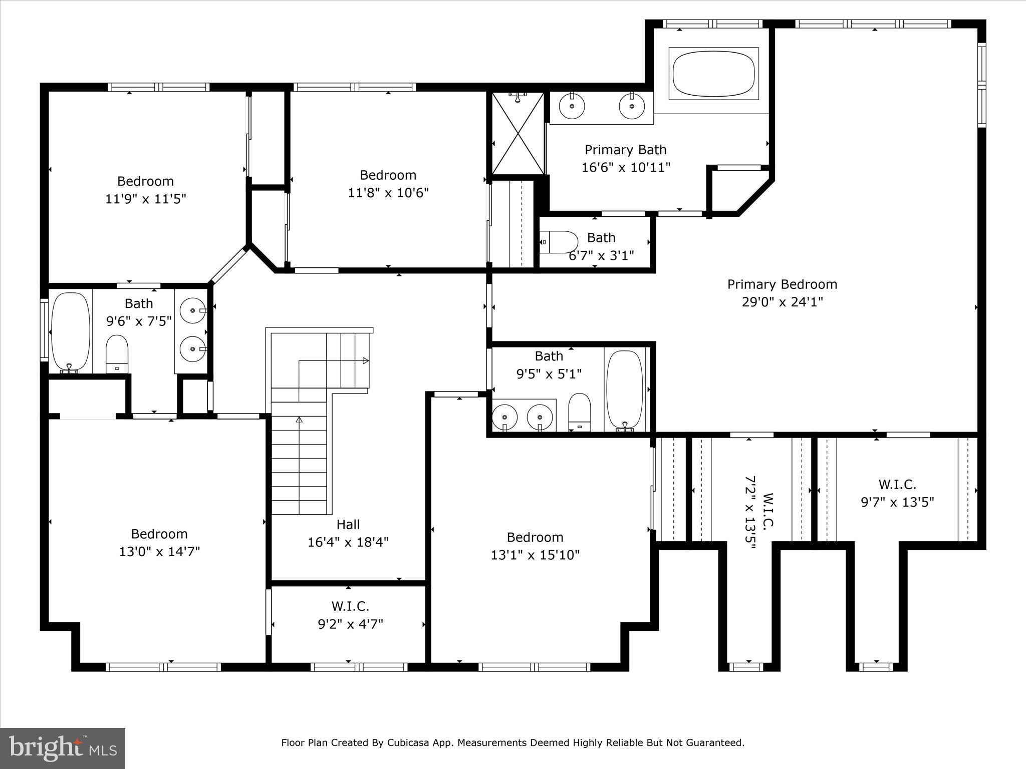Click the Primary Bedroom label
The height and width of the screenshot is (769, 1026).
pyautogui.click(x=782, y=284)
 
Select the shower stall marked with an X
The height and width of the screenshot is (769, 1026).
pyautogui.click(x=518, y=133)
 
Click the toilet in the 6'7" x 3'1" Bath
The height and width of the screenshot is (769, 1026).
pyautogui.click(x=560, y=242)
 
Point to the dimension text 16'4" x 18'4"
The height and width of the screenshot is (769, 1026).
pyautogui.click(x=348, y=542)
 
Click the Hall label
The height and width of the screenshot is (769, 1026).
pyautogui.click(x=348, y=524)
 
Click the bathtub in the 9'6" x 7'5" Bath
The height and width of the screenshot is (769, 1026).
pyautogui.click(x=71, y=331)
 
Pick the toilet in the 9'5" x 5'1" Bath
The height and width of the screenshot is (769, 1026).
pyautogui.click(x=580, y=412)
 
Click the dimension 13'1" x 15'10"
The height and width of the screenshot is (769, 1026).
pyautogui.click(x=535, y=555)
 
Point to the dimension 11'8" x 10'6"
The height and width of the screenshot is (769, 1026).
pyautogui.click(x=388, y=193)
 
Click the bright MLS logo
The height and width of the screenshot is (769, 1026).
pyautogui.click(x=63, y=748)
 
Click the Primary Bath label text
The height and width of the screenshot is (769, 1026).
pyautogui.click(x=625, y=150)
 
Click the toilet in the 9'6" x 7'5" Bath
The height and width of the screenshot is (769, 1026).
pyautogui.click(x=117, y=353)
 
